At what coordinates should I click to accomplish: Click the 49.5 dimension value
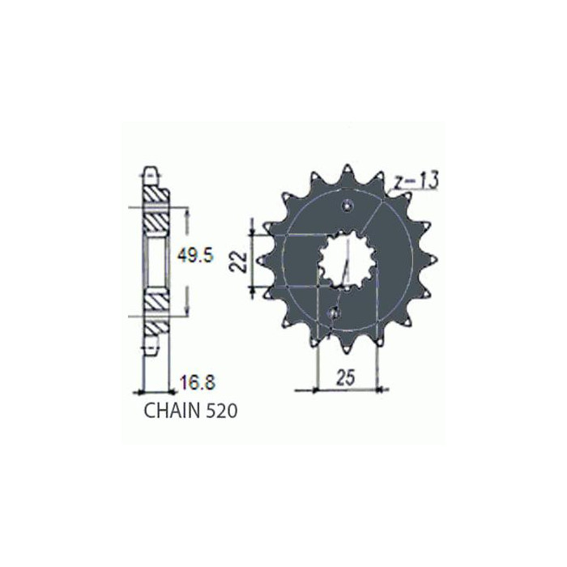point(195,256)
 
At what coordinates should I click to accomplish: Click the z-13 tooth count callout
point(415,181)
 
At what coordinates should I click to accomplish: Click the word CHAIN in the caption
point(173,411)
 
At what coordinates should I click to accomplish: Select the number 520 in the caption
point(222,411)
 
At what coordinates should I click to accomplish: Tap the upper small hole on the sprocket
point(347,205)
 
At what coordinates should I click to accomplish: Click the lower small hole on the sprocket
point(334,312)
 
